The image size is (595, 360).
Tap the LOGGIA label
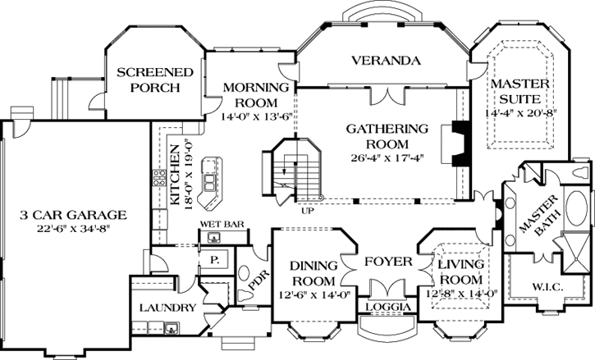386,307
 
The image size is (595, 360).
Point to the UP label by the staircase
308,210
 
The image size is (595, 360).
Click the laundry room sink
172,329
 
